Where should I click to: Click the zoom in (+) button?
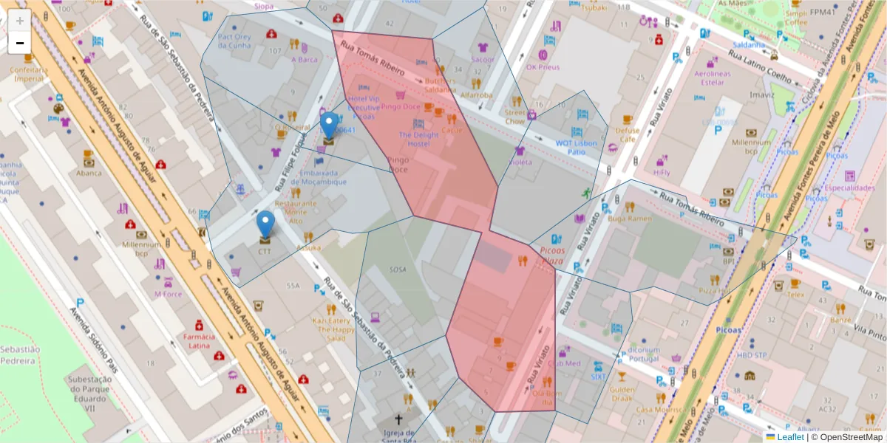pyautogui.click(x=20, y=21)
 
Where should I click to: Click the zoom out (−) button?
pyautogui.click(x=20, y=43)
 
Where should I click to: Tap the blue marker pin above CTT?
pyautogui.click(x=265, y=226)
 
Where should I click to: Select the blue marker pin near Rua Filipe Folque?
pyautogui.click(x=329, y=126)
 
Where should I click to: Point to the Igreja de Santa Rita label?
pyautogui.click(x=407, y=436)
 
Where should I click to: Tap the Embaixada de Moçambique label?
pyautogui.click(x=322, y=177)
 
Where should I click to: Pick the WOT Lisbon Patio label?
pyautogui.click(x=576, y=147)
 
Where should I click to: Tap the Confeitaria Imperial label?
pyautogui.click(x=29, y=74)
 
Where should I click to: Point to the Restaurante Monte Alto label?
pyautogui.click(x=295, y=211)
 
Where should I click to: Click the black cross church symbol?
pyautogui.click(x=407, y=399)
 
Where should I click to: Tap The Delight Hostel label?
pyautogui.click(x=418, y=139)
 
